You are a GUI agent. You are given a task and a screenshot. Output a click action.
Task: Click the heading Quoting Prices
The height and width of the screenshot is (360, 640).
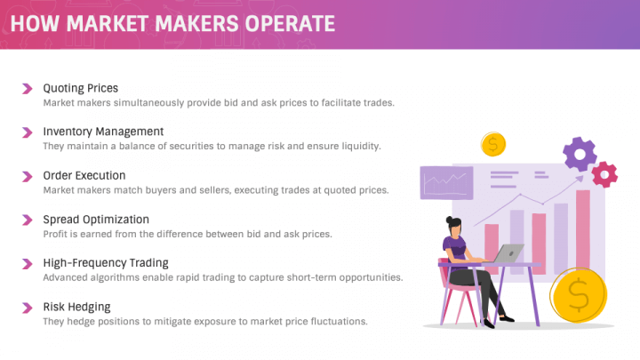80,88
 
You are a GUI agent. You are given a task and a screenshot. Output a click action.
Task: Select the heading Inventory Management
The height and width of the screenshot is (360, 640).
103,132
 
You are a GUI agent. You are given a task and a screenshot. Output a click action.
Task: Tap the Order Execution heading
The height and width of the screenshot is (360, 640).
84,175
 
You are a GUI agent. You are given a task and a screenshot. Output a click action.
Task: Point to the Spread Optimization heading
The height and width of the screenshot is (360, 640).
96,219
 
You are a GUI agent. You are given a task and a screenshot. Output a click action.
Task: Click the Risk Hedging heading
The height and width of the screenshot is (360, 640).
76,306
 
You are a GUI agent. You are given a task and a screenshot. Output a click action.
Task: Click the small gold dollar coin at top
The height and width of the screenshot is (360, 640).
492,144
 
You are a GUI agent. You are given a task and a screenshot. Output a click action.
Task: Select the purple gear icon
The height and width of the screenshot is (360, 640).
580,154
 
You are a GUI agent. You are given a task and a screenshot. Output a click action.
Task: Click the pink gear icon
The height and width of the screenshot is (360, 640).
605,173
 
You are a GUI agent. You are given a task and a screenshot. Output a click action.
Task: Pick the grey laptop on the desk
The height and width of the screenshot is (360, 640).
507,254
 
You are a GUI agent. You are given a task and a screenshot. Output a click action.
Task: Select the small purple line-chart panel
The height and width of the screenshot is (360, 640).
446,183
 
